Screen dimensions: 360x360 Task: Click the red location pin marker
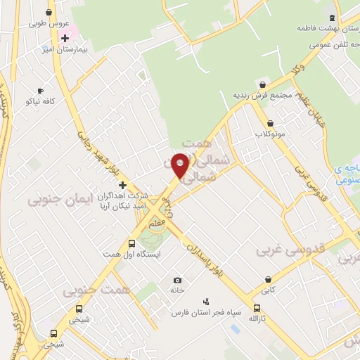point(181,165)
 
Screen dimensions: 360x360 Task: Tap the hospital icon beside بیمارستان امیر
point(65,37)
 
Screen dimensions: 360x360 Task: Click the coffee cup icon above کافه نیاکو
point(40,91)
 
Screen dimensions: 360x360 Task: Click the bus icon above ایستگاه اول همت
point(131,243)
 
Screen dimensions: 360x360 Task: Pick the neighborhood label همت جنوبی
point(91,290)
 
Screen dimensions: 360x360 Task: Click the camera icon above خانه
point(176,280)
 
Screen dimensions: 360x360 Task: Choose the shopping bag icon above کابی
point(268,278)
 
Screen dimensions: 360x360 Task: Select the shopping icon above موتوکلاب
point(270,123)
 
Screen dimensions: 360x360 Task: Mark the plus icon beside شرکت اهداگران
point(122,184)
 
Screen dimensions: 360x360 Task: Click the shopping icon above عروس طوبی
point(48,12)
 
